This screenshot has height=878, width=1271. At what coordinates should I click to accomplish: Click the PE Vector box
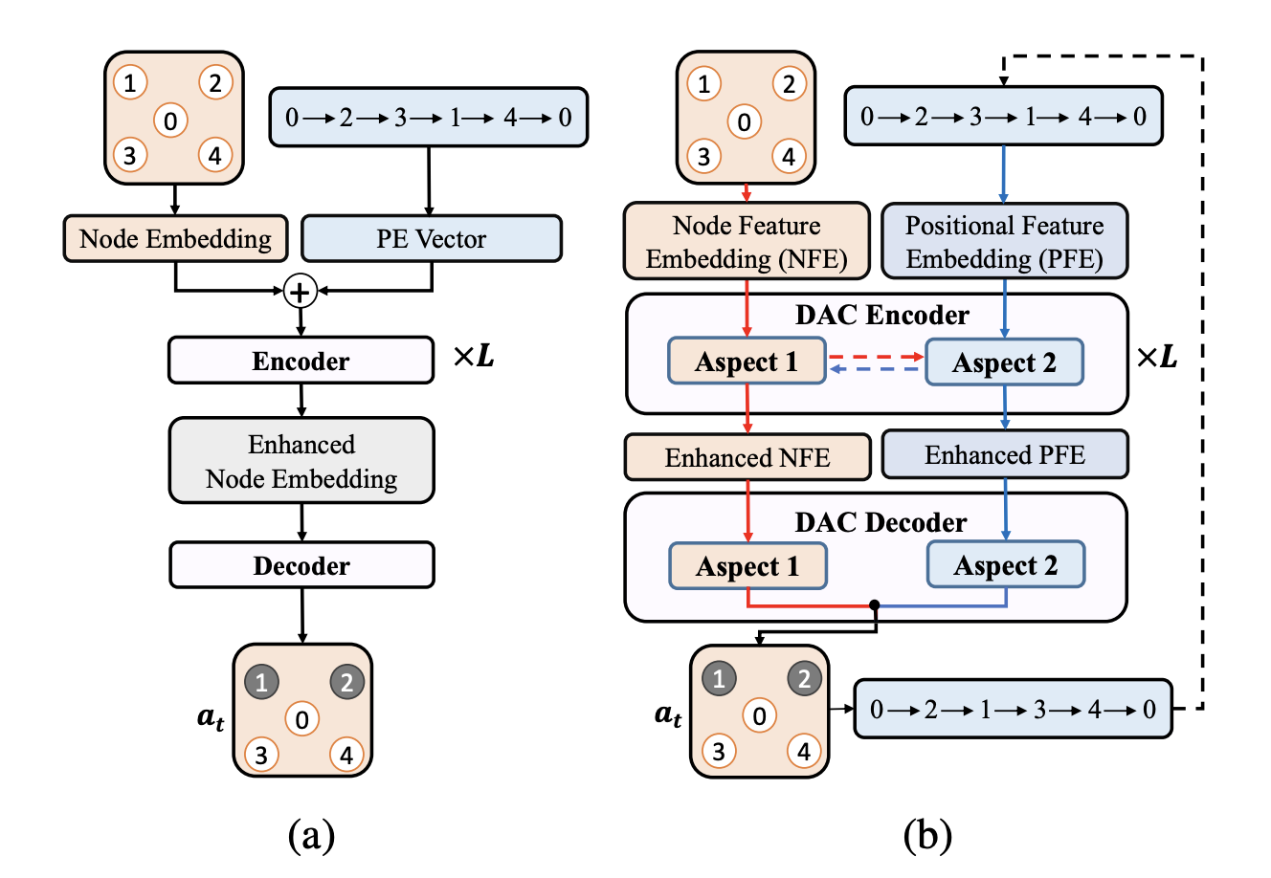coord(431,239)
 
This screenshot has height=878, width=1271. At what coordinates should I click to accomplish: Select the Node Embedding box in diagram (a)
coord(175,239)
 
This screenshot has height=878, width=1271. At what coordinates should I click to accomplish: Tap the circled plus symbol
coord(301,292)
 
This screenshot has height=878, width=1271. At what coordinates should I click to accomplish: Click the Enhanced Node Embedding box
coord(301,461)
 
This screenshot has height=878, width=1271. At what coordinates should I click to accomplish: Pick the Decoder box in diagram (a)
coord(301,565)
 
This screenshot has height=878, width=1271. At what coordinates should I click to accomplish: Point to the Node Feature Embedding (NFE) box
coord(747,241)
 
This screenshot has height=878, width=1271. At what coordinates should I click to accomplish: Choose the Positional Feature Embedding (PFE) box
coord(1004,241)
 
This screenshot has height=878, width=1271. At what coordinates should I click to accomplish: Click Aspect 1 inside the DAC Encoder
coord(747,362)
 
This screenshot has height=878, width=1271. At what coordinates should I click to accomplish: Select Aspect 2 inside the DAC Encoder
coord(1004,362)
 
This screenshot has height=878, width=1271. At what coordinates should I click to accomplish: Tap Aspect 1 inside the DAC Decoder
coord(747,565)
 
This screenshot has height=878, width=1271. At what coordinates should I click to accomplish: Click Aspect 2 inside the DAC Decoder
coord(1006,564)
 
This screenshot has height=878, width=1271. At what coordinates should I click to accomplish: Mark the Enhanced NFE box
coord(747,457)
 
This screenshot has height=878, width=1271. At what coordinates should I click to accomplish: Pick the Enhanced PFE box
coord(1004,455)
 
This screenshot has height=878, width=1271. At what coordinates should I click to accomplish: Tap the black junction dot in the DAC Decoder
coord(875,605)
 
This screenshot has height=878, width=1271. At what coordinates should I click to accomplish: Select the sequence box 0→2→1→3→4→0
coord(1013,710)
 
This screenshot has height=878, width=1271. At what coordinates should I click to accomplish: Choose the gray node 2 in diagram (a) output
coord(346,683)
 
